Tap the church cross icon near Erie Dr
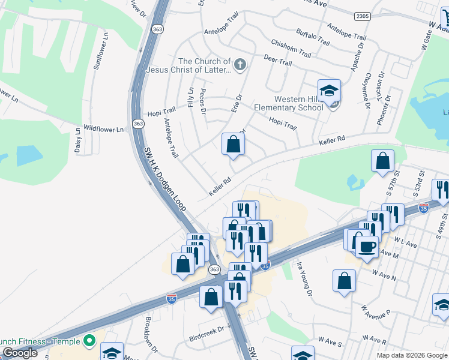pyautogui.click(x=240, y=65)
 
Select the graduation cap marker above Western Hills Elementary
pyautogui.click(x=329, y=91)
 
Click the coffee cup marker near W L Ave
pyautogui.click(x=367, y=245)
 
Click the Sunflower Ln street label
pyautogui.click(x=99, y=52)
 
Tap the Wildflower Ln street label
pyautogui.click(x=103, y=129)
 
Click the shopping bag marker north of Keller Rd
pyautogui.click(x=233, y=145)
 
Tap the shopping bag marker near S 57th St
pyautogui.click(x=382, y=161)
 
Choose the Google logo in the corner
pyautogui.click(x=20, y=353)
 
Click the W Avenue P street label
pyautogui.click(x=376, y=313)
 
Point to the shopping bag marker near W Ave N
pyautogui.click(x=345, y=281)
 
